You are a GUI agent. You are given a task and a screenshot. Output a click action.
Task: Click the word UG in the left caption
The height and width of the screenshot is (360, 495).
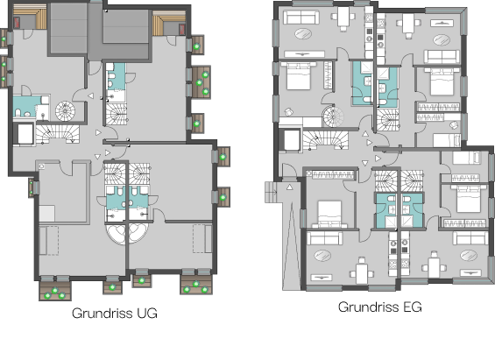pyautogui.click(x=147, y=314)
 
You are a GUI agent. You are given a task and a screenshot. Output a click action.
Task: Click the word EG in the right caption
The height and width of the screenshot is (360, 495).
pyautogui.click(x=413, y=307)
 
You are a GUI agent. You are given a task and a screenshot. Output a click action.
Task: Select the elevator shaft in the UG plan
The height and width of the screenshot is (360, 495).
pyautogui.click(x=25, y=134)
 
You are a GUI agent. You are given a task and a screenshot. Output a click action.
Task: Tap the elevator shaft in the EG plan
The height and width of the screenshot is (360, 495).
pyautogui.click(x=291, y=140)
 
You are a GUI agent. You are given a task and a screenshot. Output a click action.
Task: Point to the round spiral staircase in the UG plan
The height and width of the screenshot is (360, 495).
pyautogui.click(x=66, y=110)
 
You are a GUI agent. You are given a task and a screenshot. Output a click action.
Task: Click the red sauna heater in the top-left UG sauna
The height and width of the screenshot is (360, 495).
pyautogui.click(x=17, y=23)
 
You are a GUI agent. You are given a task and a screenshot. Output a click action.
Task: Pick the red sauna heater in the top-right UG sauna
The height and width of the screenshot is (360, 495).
pyautogui.click(x=182, y=29)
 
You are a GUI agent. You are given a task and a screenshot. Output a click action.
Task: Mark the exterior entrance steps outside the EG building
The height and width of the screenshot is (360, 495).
pyautogui.click(x=271, y=192)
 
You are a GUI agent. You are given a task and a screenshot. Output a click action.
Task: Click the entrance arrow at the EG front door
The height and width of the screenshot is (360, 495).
pyautogui.click(x=289, y=187)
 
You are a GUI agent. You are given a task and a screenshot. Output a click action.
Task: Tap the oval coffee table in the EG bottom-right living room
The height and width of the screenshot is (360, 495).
pyautogui.click(x=469, y=255)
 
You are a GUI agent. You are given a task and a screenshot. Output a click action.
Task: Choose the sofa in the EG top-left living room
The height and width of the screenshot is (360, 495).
pyautogui.click(x=301, y=17)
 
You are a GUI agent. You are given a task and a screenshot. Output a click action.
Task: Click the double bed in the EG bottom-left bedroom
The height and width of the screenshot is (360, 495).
pyautogui.click(x=329, y=214)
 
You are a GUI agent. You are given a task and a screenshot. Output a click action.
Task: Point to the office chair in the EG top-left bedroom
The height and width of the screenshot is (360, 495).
pyautogui.click(x=288, y=111)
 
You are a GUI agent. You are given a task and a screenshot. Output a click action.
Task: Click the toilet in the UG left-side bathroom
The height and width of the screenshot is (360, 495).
pyautogui.click(x=18, y=113)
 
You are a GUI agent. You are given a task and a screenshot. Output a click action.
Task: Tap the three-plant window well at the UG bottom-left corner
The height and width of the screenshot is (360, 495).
pyautogui.click(x=55, y=291)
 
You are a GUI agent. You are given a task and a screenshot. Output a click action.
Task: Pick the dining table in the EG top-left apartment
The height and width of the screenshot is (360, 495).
pyautogui.click(x=343, y=17)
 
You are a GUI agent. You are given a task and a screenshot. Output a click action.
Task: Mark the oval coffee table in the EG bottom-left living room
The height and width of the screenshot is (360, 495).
pyautogui.click(x=322, y=256)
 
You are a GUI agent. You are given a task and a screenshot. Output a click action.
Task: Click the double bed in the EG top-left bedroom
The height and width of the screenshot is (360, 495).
pyautogui.click(x=299, y=76)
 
